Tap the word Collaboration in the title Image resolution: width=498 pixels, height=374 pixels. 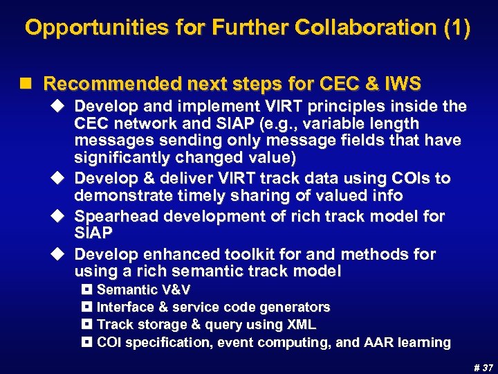pos(368,28)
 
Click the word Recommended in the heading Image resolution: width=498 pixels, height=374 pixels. pos(110,84)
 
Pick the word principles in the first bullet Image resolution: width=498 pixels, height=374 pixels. pos(345,107)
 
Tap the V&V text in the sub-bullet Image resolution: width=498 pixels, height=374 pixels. pos(174,290)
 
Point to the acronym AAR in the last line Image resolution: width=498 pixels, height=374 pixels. pos(385,342)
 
